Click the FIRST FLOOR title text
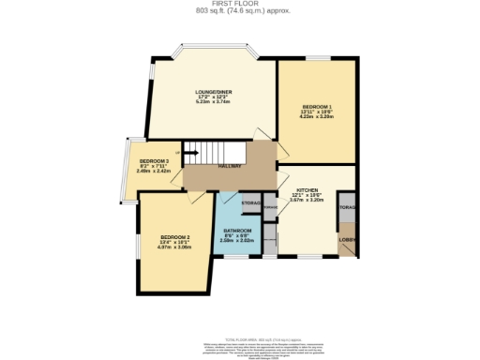[239, 4]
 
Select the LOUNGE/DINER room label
[214, 91]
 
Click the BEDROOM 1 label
[317, 106]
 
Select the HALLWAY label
[231, 166]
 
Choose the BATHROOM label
[237, 230]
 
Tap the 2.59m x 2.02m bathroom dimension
[237, 240]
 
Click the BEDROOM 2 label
[174, 236]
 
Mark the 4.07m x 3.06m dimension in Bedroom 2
[174, 247]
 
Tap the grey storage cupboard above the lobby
[347, 206]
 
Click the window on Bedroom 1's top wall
[317, 59]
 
